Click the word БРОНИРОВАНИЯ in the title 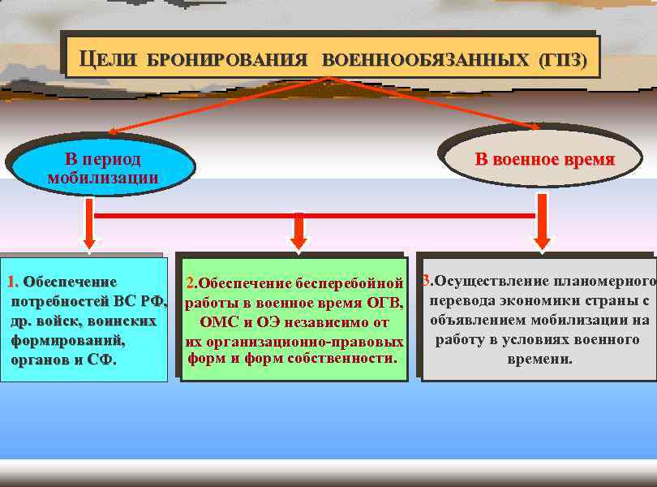coord(227,60)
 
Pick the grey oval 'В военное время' coord(544,159)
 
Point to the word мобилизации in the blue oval coord(102,178)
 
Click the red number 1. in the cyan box coord(14,282)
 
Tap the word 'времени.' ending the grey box coord(539,358)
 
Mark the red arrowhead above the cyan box coord(89,241)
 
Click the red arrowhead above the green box coord(298,241)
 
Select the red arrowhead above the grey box coord(542,241)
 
